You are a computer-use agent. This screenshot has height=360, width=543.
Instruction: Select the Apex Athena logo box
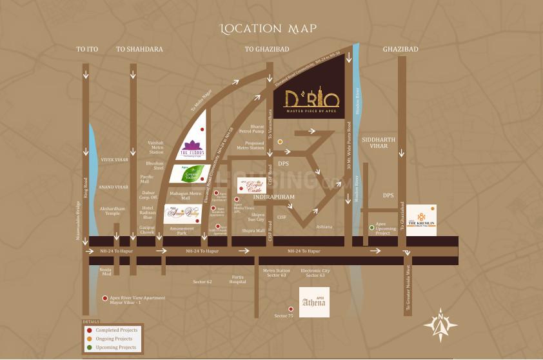click(x=314, y=302)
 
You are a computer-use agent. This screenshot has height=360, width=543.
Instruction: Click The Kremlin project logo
click(x=421, y=220)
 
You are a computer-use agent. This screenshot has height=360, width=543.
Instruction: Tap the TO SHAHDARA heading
click(x=139, y=49)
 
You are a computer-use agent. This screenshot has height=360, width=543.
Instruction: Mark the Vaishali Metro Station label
click(x=156, y=147)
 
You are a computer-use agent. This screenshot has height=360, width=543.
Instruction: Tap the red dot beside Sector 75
click(x=291, y=309)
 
